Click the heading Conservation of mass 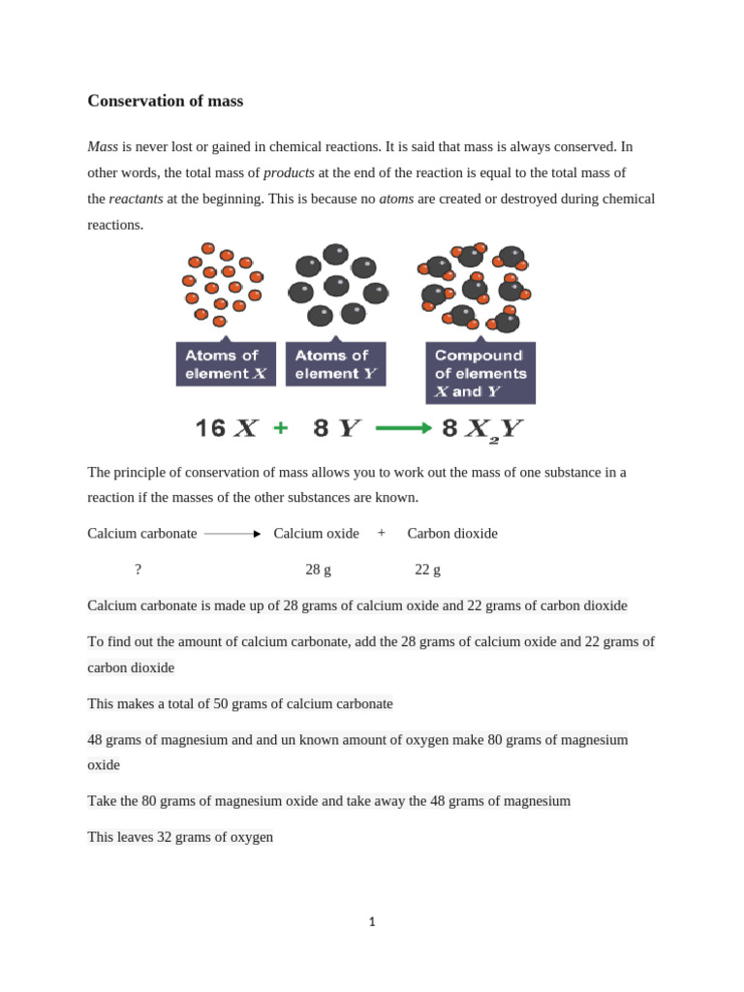pyautogui.click(x=165, y=101)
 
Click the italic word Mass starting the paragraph pyautogui.click(x=103, y=147)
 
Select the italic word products pyautogui.click(x=289, y=172)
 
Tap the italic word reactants pyautogui.click(x=136, y=199)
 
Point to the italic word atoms pyautogui.click(x=396, y=199)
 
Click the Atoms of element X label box pyautogui.click(x=225, y=364)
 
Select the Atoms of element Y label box pyautogui.click(x=335, y=364)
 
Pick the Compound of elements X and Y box pyautogui.click(x=480, y=373)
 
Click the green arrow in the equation pyautogui.click(x=403, y=428)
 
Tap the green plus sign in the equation pyautogui.click(x=280, y=428)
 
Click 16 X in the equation pyautogui.click(x=226, y=428)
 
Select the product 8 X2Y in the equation pyautogui.click(x=482, y=429)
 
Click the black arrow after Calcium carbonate pyautogui.click(x=232, y=534)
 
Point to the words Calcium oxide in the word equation pyautogui.click(x=316, y=534)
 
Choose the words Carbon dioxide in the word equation pyautogui.click(x=452, y=534)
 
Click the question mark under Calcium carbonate pyautogui.click(x=139, y=570)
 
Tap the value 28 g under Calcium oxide pyautogui.click(x=318, y=570)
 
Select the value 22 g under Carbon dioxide pyautogui.click(x=427, y=570)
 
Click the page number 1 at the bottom pyautogui.click(x=372, y=921)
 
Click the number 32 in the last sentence pyautogui.click(x=165, y=837)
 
